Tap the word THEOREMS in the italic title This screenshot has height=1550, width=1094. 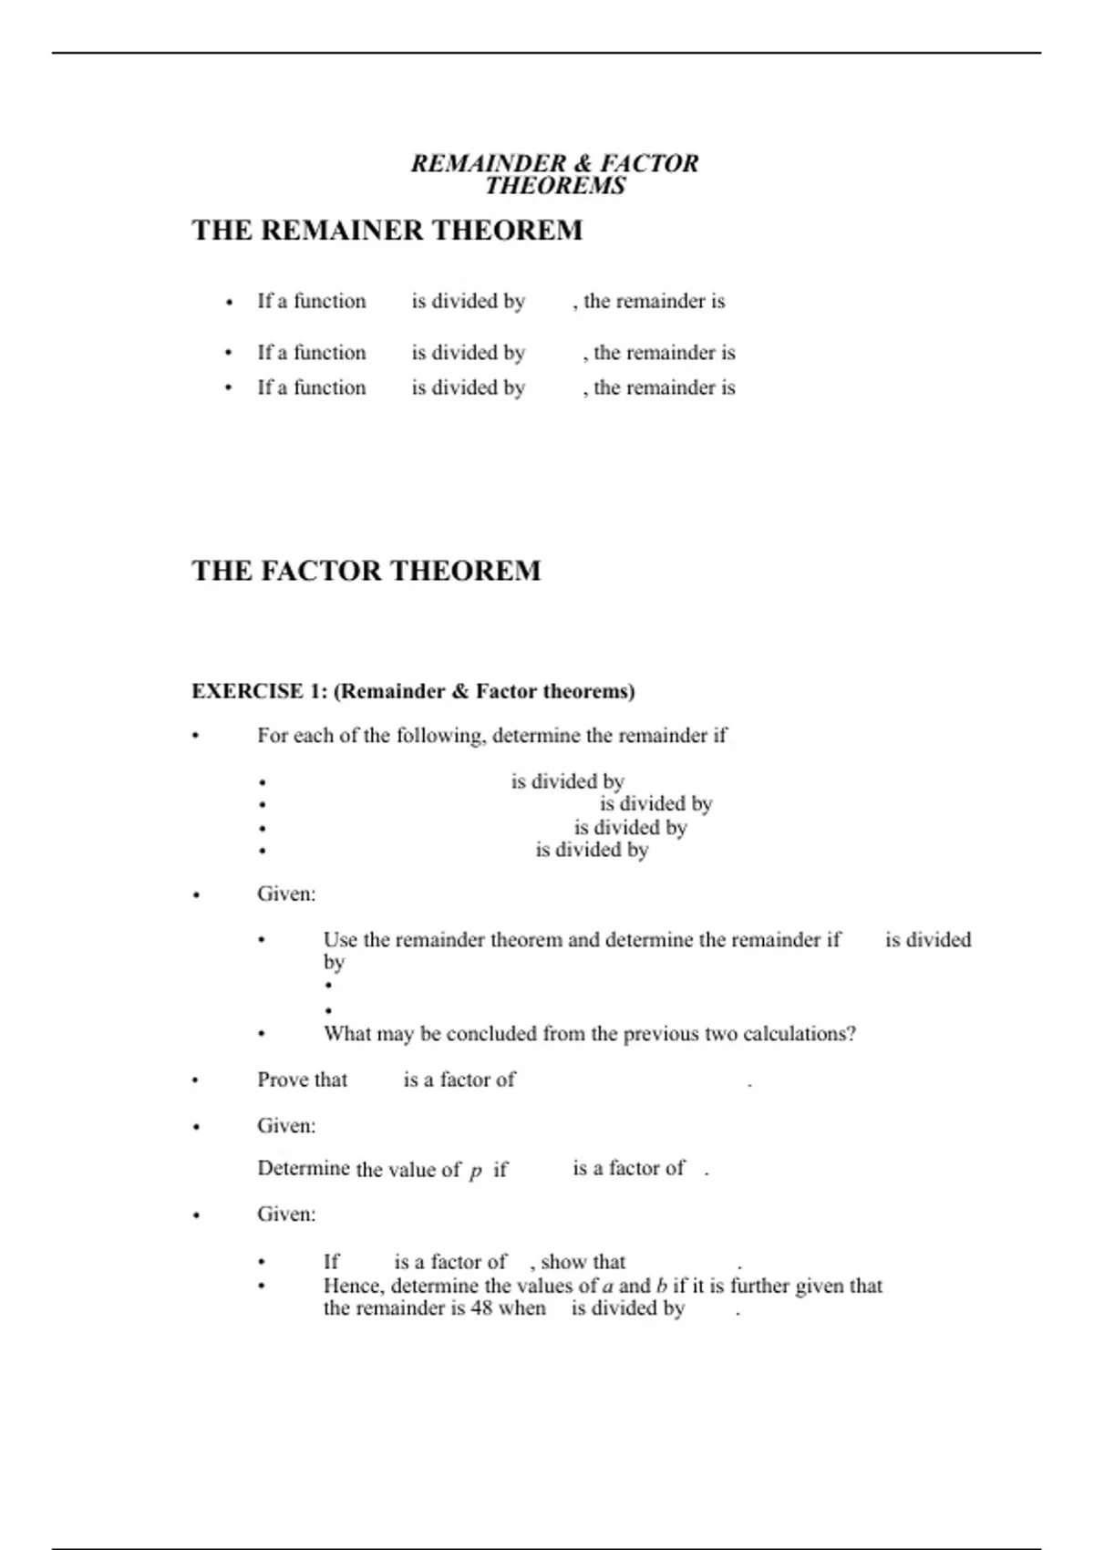coord(555,186)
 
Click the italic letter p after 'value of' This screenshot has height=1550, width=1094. coord(475,1171)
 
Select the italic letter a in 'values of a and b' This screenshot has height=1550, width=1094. coord(608,1286)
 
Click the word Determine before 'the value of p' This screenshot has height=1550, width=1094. coord(303,1169)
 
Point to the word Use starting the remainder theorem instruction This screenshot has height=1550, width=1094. coord(341,940)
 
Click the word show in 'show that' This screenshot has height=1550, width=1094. coord(562,1262)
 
